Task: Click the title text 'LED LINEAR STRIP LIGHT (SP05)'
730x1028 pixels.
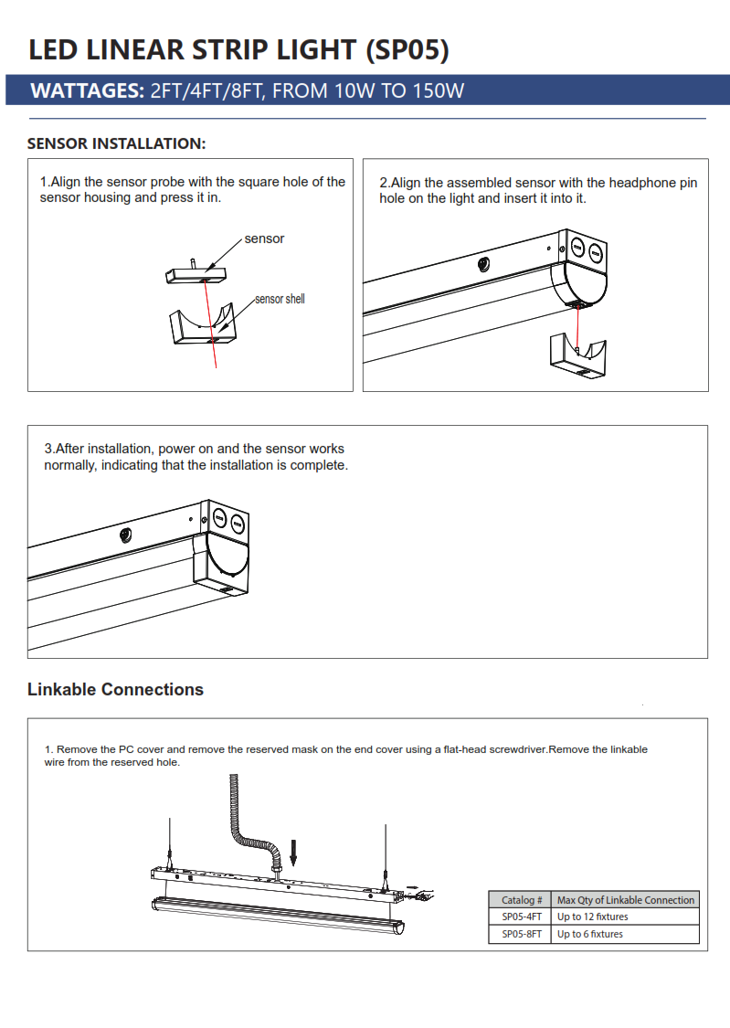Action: (x=238, y=49)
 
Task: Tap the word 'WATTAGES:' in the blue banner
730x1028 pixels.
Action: (x=88, y=91)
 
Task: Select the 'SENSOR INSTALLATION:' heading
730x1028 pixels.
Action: (x=117, y=143)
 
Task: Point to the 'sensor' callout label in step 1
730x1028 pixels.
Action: (x=264, y=238)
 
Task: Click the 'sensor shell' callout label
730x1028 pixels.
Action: (x=280, y=299)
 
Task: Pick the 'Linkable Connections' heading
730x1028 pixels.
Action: (x=115, y=690)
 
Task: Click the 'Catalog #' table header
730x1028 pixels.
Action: (x=521, y=900)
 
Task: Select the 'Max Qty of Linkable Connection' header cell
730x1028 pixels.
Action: (x=626, y=900)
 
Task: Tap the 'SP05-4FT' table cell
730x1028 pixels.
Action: (x=521, y=917)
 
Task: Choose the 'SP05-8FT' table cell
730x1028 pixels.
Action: (x=521, y=934)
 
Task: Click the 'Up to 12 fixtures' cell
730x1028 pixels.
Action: (x=592, y=917)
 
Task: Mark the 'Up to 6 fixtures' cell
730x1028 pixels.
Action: (x=589, y=934)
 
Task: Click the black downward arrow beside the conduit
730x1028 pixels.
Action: (x=294, y=852)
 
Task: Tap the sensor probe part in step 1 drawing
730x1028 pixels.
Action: (x=196, y=271)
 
